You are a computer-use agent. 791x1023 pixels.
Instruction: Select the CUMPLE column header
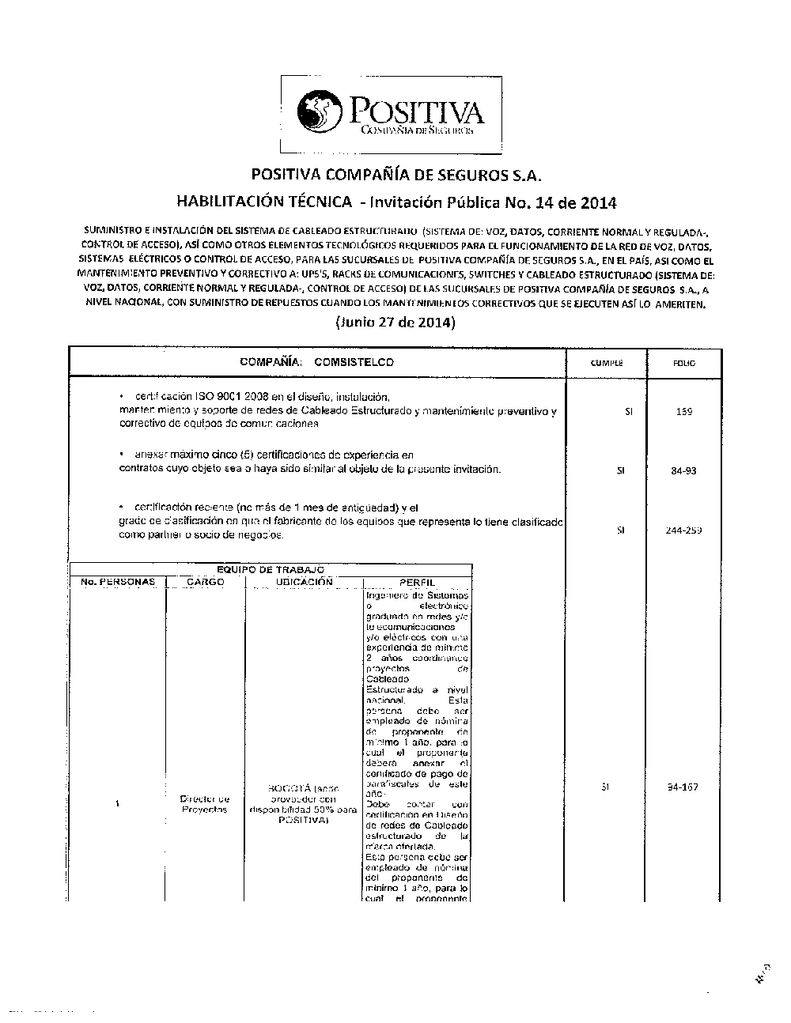pyautogui.click(x=607, y=364)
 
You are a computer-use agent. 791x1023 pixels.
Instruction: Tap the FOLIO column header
pyautogui.click(x=684, y=364)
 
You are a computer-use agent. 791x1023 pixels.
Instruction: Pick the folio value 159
pyautogui.click(x=685, y=412)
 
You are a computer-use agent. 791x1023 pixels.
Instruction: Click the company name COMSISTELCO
pyautogui.click(x=354, y=362)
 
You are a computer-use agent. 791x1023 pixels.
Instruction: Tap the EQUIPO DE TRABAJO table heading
pyautogui.click(x=271, y=570)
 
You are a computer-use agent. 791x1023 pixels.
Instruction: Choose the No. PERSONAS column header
pyautogui.click(x=118, y=582)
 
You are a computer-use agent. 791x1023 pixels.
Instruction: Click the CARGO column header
pyautogui.click(x=206, y=582)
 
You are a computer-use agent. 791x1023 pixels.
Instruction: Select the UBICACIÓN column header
pyautogui.click(x=304, y=582)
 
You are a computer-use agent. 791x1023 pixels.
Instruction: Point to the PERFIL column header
pyautogui.click(x=418, y=583)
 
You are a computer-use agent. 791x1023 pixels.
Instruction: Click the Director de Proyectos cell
pyautogui.click(x=205, y=804)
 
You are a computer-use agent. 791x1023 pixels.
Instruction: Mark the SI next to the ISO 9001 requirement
pyautogui.click(x=628, y=412)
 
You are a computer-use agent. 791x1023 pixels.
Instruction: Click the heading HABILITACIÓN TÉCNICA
pyautogui.click(x=264, y=202)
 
